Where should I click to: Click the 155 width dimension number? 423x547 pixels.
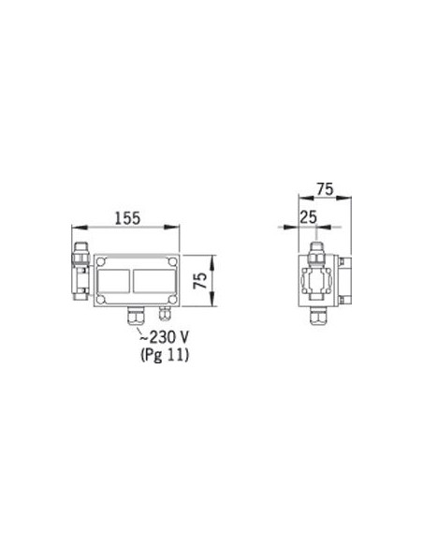(127, 218)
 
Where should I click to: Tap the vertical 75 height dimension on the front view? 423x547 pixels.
(200, 281)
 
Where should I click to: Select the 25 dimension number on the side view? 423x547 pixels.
(309, 217)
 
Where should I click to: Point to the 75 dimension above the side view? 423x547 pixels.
(325, 189)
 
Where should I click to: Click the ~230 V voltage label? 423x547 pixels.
(164, 337)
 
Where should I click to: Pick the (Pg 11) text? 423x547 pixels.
(165, 355)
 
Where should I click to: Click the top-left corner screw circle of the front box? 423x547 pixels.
(100, 261)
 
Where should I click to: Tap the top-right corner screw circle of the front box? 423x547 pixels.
(172, 261)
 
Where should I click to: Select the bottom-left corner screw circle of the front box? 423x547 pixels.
(100, 300)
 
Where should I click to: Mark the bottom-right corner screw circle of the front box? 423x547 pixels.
(172, 300)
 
